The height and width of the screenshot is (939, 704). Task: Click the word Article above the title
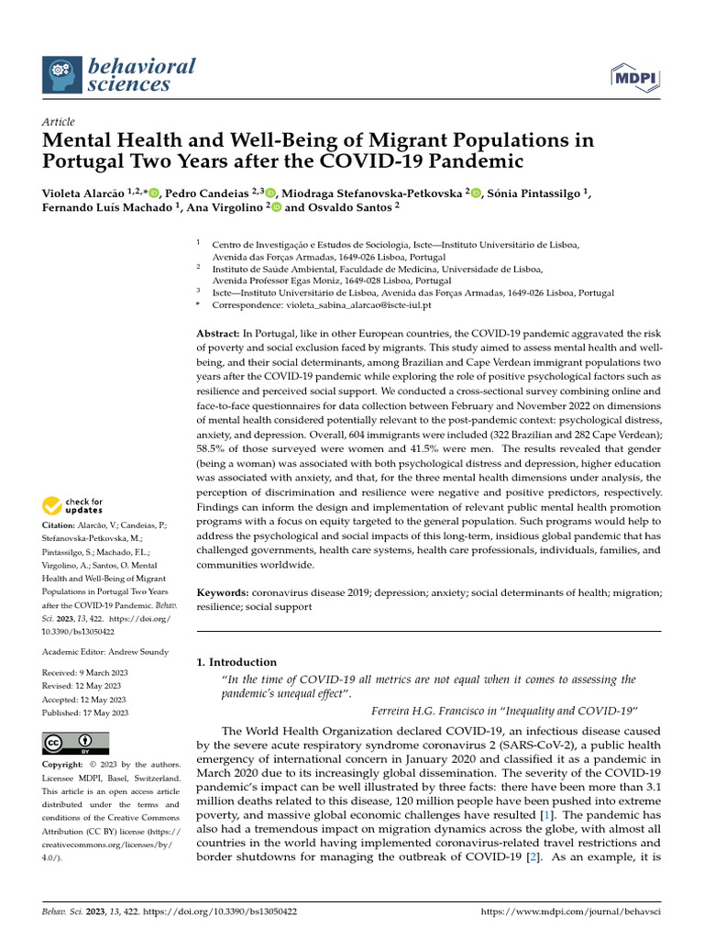coord(59,122)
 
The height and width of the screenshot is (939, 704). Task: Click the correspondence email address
coord(357,304)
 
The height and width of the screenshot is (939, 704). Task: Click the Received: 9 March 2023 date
coord(85,672)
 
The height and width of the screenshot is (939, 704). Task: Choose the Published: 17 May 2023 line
coord(85,713)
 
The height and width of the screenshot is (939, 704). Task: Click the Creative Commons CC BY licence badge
coord(76,742)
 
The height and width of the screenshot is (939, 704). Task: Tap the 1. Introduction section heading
coord(236,661)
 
